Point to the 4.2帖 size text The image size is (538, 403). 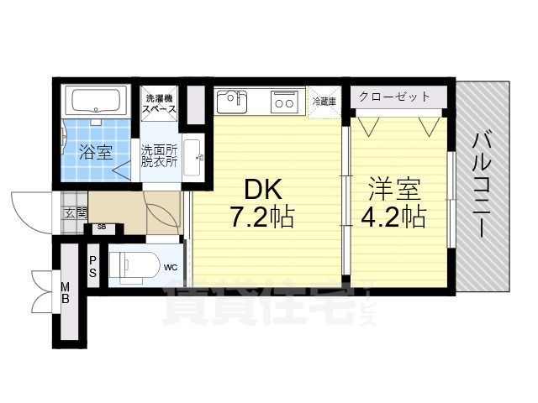pos(393,217)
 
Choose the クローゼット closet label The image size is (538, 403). pos(394,97)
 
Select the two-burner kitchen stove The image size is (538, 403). pos(283,102)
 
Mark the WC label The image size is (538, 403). pos(170,269)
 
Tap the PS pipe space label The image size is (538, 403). pos(92,266)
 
